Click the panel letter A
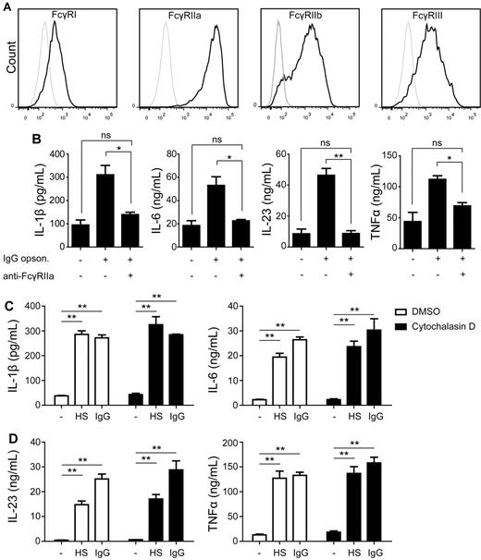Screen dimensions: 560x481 (6, 7)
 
